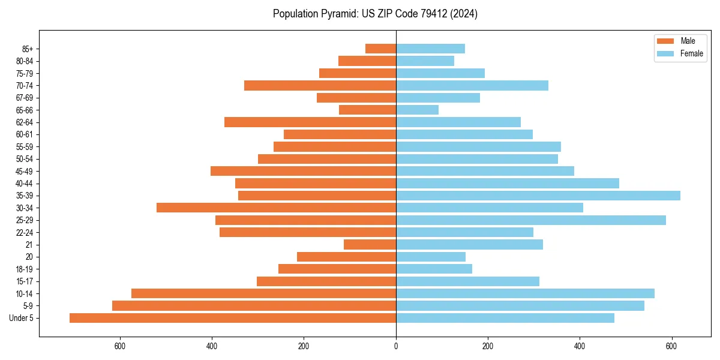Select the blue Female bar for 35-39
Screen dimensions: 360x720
pos(538,196)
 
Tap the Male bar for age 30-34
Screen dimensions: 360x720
pos(276,208)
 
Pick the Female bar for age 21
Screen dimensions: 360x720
pos(469,244)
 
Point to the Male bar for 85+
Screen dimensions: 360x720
pos(380,49)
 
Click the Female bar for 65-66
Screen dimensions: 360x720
pos(417,110)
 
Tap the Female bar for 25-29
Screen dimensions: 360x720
pos(531,220)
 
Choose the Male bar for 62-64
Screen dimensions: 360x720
pos(310,122)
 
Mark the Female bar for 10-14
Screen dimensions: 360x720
pos(525,293)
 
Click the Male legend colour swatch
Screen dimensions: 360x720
pos(665,41)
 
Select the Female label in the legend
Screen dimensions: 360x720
pos(692,53)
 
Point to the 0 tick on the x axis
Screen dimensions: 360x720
pos(396,346)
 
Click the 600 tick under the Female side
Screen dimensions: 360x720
pos(672,346)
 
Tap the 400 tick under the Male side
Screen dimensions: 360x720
pos(212,346)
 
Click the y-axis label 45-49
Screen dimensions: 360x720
pos(25,171)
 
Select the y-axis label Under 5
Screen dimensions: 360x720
pos(21,318)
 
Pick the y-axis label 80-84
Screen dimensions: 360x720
pos(25,61)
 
